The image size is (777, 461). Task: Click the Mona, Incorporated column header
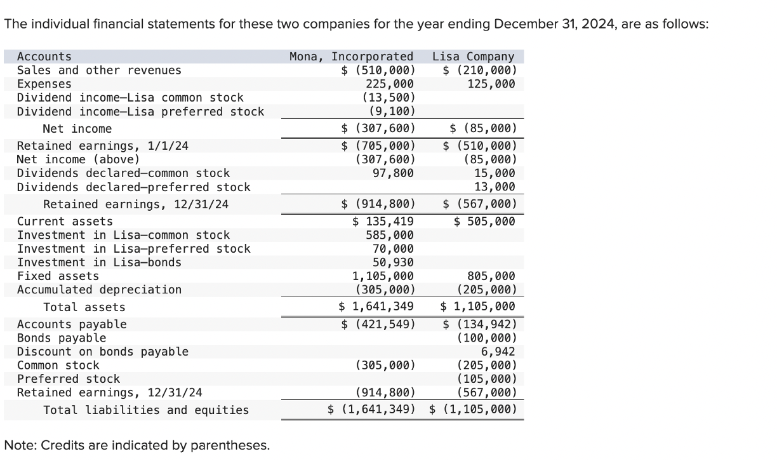(351, 57)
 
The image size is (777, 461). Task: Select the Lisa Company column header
(473, 57)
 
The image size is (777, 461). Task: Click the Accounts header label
(44, 57)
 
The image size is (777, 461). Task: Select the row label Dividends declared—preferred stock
(133, 187)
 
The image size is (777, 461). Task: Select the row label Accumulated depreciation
(99, 290)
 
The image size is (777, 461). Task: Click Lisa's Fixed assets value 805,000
(491, 276)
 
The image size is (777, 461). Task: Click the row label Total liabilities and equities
(146, 410)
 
